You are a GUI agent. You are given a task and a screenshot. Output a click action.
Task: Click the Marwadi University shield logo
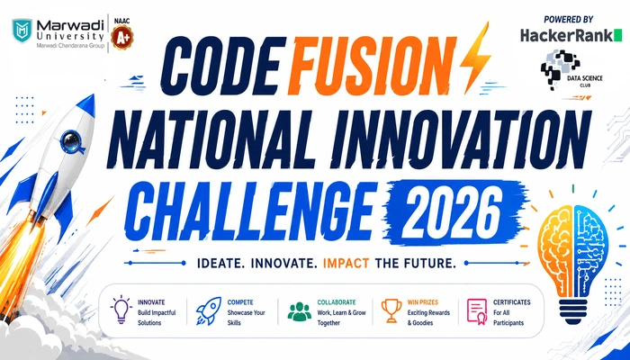click(x=22, y=30)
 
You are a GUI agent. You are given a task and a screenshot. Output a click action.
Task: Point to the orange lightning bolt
click(x=475, y=58)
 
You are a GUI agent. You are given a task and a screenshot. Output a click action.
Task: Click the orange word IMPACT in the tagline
click(x=346, y=264)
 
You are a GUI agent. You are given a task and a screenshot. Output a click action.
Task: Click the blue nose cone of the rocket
click(x=85, y=107)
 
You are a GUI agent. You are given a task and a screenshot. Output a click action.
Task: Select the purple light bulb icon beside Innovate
click(x=121, y=310)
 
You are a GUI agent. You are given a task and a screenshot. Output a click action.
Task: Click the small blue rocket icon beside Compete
click(x=209, y=310)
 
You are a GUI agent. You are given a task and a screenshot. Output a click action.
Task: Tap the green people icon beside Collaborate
click(x=300, y=311)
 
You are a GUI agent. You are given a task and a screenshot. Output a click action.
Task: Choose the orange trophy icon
click(x=391, y=310)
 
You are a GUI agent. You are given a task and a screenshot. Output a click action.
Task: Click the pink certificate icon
click(x=477, y=311)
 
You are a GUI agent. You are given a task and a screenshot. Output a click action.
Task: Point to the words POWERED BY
click(x=569, y=20)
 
